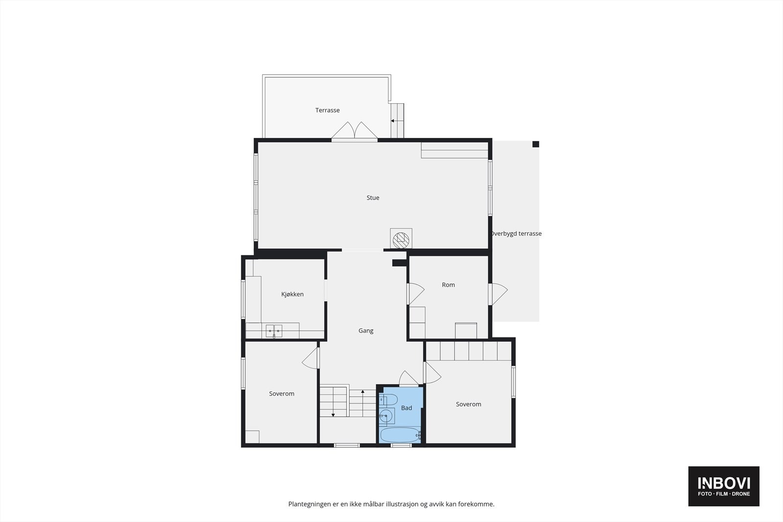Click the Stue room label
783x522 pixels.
pyautogui.click(x=373, y=198)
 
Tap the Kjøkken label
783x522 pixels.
pyautogui.click(x=292, y=294)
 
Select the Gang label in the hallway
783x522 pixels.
pyautogui.click(x=366, y=331)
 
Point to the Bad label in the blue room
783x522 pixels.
pyautogui.click(x=406, y=408)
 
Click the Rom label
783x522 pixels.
pyautogui.click(x=448, y=285)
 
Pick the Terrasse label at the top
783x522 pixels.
pyautogui.click(x=327, y=110)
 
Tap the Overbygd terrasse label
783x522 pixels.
pyautogui.click(x=516, y=234)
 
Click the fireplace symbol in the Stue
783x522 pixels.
pyautogui.click(x=401, y=239)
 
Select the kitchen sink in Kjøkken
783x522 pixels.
pyautogui.click(x=274, y=331)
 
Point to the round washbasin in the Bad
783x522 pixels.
pyautogui.click(x=387, y=416)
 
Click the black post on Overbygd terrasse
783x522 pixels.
pyautogui.click(x=536, y=144)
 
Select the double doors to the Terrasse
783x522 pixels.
pyautogui.click(x=355, y=131)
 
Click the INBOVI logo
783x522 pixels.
pyautogui.click(x=724, y=486)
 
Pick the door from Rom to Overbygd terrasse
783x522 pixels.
pyautogui.click(x=499, y=294)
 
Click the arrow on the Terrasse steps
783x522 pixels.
pyautogui.click(x=392, y=120)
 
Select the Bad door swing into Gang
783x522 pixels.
pyautogui.click(x=408, y=378)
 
